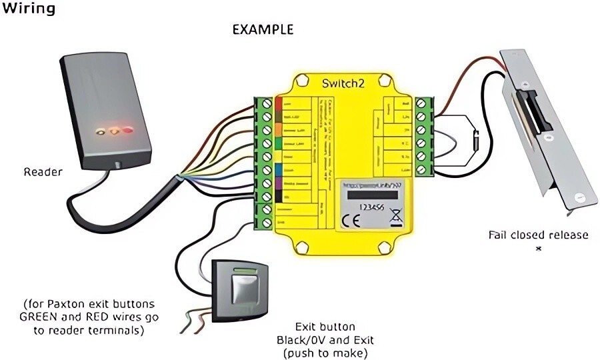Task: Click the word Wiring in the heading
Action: [x=28, y=9]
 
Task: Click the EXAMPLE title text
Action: [x=262, y=30]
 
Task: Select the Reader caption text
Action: [x=43, y=172]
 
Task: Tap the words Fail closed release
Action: [x=538, y=235]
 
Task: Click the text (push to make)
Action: [x=325, y=352]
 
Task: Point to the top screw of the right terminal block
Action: [x=421, y=103]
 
